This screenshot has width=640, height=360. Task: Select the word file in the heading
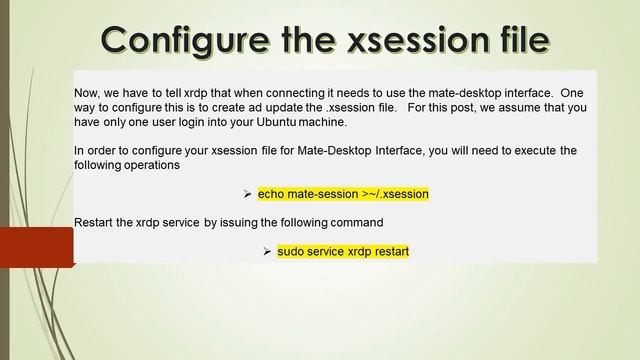pos(515,41)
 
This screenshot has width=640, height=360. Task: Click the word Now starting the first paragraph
pos(88,92)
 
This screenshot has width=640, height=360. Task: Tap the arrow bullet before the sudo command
pos(267,251)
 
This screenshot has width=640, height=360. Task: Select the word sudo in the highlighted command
pos(292,251)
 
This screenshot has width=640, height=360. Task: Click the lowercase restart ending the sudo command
pos(387,251)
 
